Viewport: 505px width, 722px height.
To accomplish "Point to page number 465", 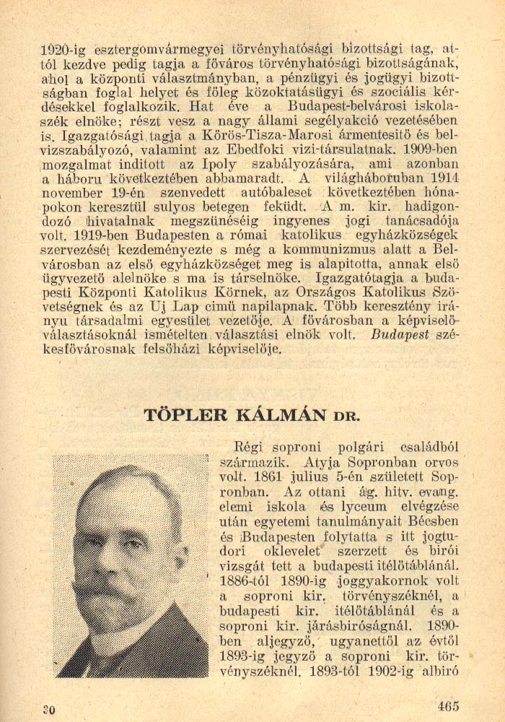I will (x=447, y=706).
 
